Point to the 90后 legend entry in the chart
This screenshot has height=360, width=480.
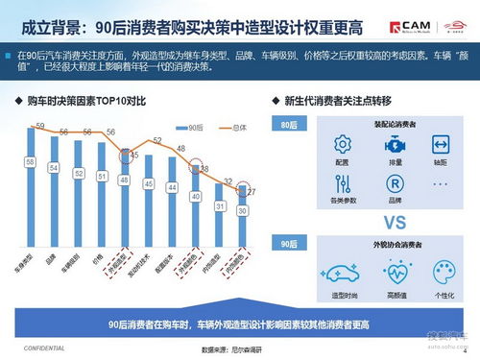(x=191, y=125)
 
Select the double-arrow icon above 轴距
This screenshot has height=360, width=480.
(x=441, y=145)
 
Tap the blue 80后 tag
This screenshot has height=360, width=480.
(x=285, y=125)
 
